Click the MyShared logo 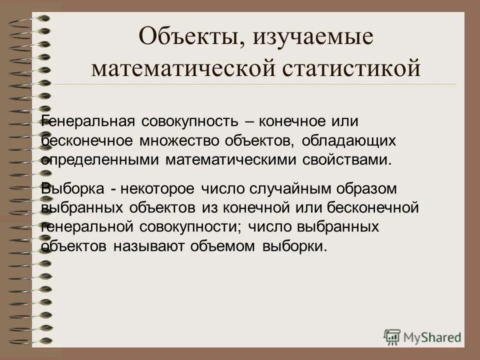point(422,336)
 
